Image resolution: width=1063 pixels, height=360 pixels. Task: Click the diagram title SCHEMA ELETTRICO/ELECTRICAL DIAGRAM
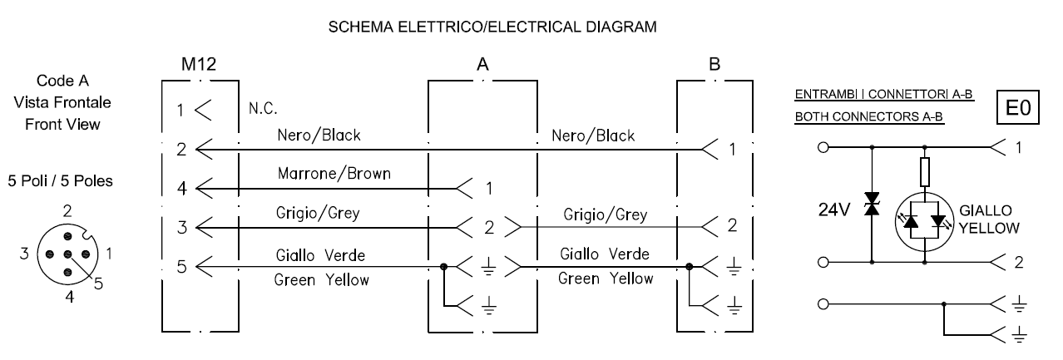(492, 27)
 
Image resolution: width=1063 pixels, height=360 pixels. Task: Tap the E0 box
(1018, 108)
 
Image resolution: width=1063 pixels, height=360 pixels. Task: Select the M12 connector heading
(198, 64)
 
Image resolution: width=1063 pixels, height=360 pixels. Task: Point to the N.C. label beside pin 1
(263, 109)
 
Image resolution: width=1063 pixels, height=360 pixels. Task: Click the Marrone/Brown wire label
(334, 174)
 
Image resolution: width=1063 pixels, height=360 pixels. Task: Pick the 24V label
(833, 210)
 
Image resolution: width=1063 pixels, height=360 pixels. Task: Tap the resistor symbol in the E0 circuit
(924, 172)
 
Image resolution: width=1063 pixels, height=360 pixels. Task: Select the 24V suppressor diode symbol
(872, 204)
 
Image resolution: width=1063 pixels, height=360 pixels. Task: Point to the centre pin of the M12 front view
(67, 254)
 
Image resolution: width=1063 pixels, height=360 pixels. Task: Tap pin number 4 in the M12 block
(182, 189)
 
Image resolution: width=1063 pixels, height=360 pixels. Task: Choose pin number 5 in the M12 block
(182, 267)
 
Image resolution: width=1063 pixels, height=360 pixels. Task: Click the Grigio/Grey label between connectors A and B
(605, 215)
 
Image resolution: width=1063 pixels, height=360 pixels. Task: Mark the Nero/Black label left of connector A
(319, 136)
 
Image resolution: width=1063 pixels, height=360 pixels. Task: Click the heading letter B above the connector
(714, 64)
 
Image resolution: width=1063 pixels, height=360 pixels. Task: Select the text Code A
(62, 81)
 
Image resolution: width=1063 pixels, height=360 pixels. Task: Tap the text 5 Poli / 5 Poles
(60, 180)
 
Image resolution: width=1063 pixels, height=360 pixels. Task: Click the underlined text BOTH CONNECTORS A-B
(869, 116)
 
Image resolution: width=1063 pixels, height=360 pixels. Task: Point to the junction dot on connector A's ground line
(443, 267)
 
